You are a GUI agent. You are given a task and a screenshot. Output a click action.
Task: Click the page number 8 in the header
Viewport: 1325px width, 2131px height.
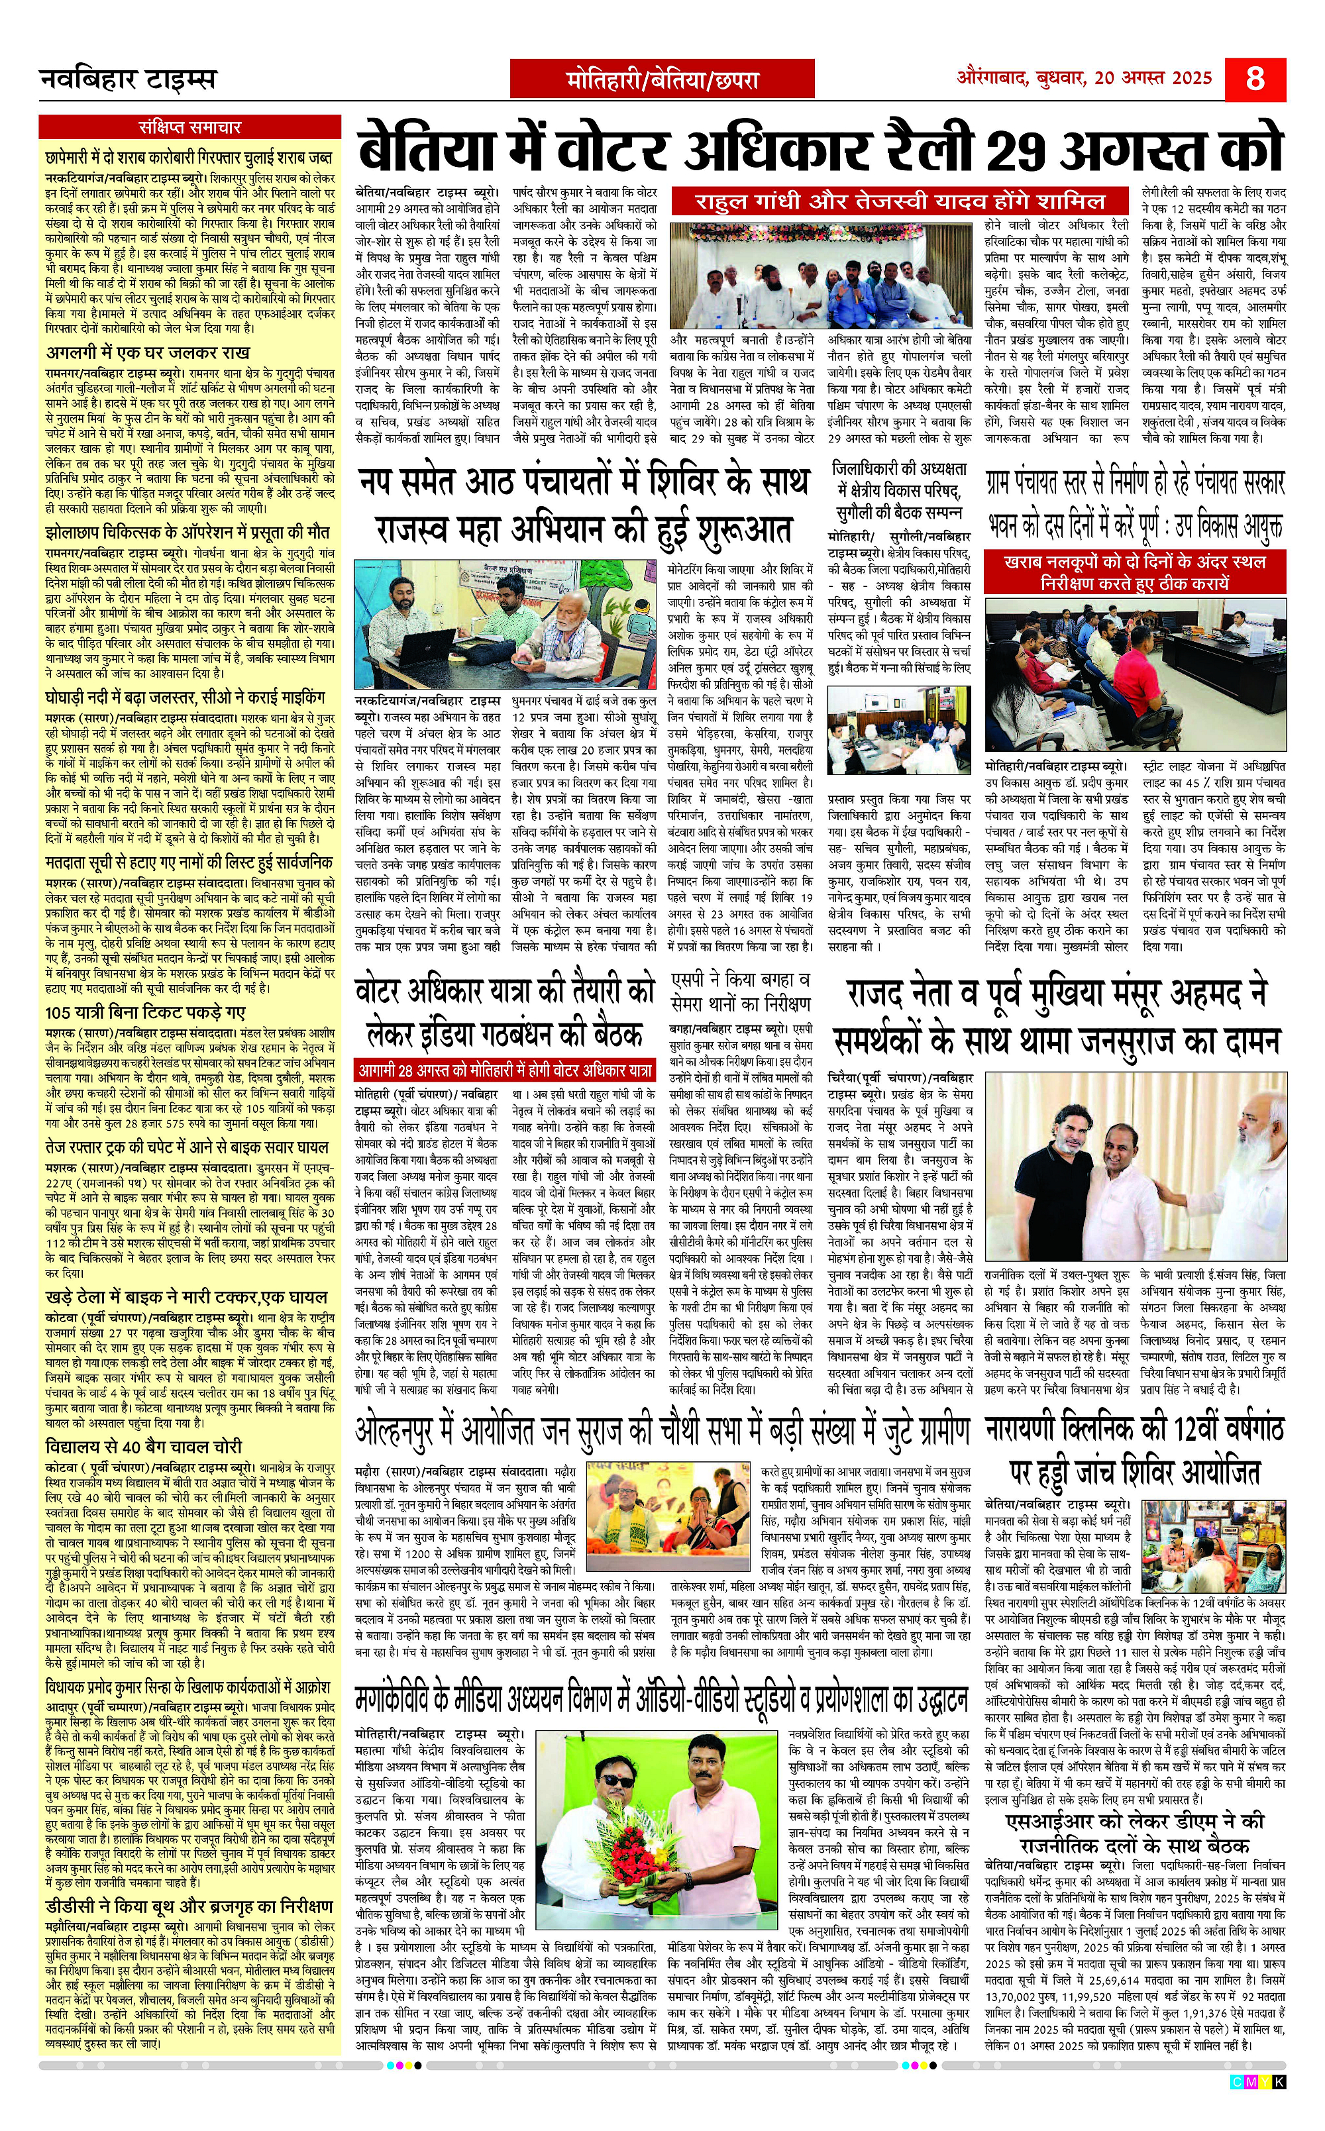(x=1255, y=79)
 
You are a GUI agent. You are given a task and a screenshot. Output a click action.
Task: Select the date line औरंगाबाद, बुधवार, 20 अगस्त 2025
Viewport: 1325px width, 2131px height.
(x=1083, y=77)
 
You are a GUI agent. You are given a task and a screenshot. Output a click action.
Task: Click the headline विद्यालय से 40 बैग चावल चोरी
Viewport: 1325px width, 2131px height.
(x=144, y=1446)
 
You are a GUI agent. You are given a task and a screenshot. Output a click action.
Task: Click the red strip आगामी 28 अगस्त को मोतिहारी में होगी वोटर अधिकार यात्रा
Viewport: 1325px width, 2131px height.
(x=505, y=1070)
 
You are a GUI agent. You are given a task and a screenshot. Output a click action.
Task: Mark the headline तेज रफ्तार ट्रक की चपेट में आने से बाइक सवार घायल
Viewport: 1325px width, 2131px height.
(x=187, y=1146)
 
